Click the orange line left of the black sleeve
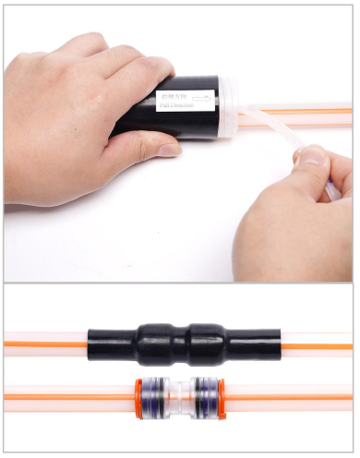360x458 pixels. coord(46,344)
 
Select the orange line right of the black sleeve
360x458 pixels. coord(314,344)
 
